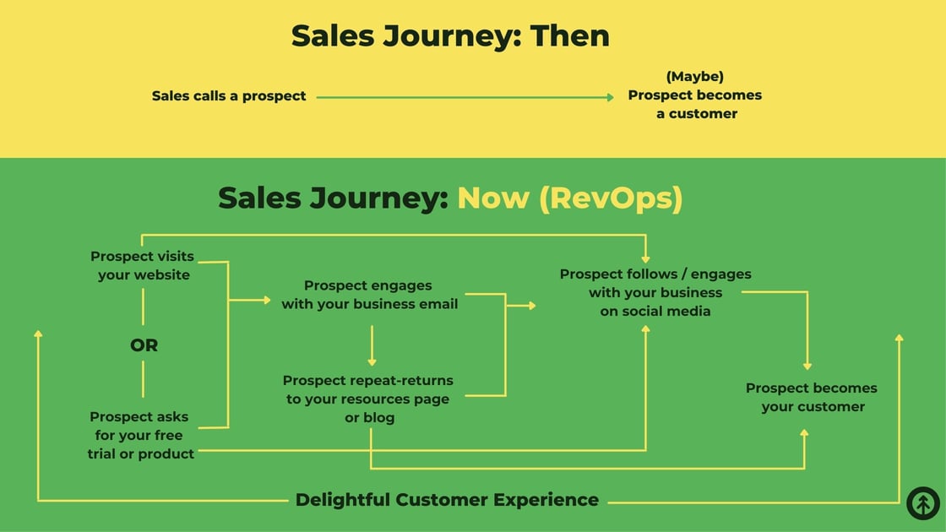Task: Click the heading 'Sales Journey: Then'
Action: pyautogui.click(x=450, y=36)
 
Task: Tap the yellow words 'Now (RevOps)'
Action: pyautogui.click(x=569, y=198)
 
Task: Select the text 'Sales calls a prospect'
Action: pyautogui.click(x=229, y=96)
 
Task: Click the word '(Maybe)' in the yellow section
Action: pyautogui.click(x=694, y=77)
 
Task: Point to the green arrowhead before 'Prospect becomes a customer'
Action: pyautogui.click(x=609, y=97)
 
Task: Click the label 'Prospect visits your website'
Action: pyautogui.click(x=143, y=265)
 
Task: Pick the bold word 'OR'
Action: pyautogui.click(x=144, y=345)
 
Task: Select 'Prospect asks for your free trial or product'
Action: pyautogui.click(x=141, y=435)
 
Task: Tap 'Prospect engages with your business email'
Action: pyautogui.click(x=369, y=295)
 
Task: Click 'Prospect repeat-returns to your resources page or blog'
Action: pyautogui.click(x=368, y=399)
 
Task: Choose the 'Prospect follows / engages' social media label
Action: pyautogui.click(x=655, y=292)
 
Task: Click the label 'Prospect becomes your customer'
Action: pyautogui.click(x=811, y=397)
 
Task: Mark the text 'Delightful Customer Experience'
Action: pyautogui.click(x=447, y=500)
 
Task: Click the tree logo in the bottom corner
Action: pyautogui.click(x=922, y=503)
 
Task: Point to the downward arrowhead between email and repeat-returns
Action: pyautogui.click(x=372, y=361)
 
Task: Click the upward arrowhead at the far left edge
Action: pyautogui.click(x=38, y=334)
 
